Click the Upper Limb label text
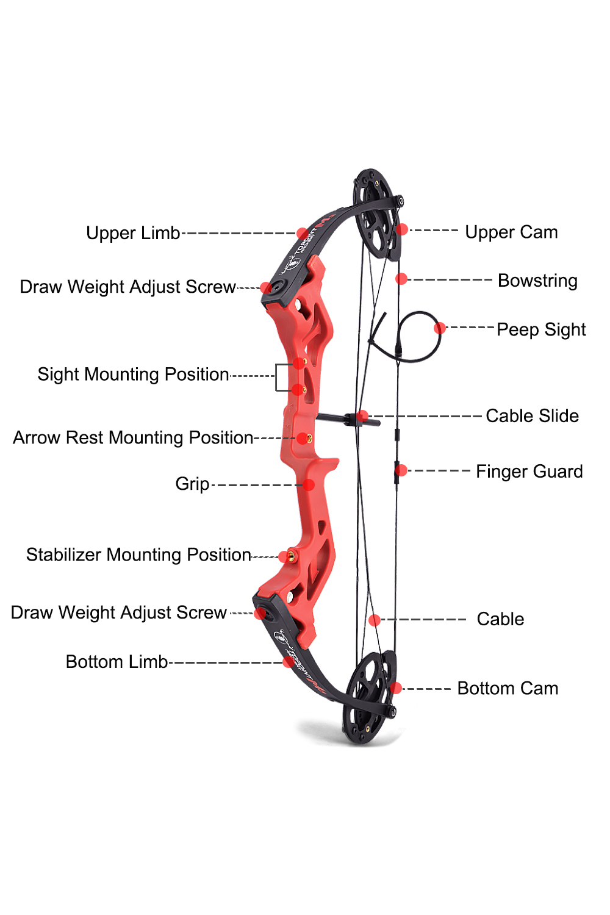point(133,233)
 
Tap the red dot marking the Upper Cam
point(402,229)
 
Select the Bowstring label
point(537,281)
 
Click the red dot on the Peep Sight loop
point(440,328)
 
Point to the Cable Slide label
point(532,416)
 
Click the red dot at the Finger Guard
point(401,470)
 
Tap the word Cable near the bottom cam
point(500,619)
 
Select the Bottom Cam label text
point(508,689)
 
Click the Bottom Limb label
point(117,662)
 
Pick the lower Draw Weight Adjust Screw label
point(119,612)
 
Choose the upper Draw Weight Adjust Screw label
point(127,287)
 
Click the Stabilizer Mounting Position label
point(138,555)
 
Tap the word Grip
point(192,484)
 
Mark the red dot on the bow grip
point(309,485)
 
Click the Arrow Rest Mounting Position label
point(133,438)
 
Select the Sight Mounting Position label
point(133,375)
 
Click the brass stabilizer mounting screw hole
point(292,556)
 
